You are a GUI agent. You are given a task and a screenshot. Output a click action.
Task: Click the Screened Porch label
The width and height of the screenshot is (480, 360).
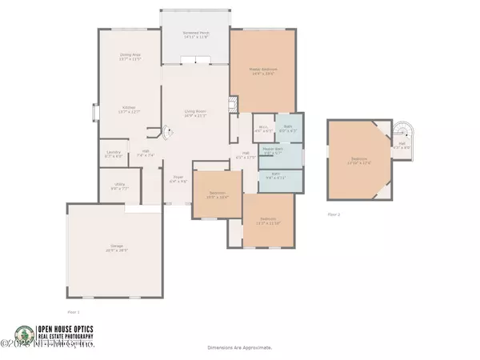195,34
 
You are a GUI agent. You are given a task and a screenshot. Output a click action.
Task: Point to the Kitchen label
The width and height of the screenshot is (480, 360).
130,110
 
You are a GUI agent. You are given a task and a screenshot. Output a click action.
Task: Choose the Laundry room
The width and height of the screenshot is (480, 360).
112,155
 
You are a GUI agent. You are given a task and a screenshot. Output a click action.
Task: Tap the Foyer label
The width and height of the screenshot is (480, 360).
178,181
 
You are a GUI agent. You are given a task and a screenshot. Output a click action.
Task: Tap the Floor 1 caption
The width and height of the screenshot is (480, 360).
73,312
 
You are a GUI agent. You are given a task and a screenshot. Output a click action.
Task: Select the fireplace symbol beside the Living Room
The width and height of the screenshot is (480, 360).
234,105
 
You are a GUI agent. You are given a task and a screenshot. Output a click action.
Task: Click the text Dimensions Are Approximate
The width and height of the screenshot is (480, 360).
240,348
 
